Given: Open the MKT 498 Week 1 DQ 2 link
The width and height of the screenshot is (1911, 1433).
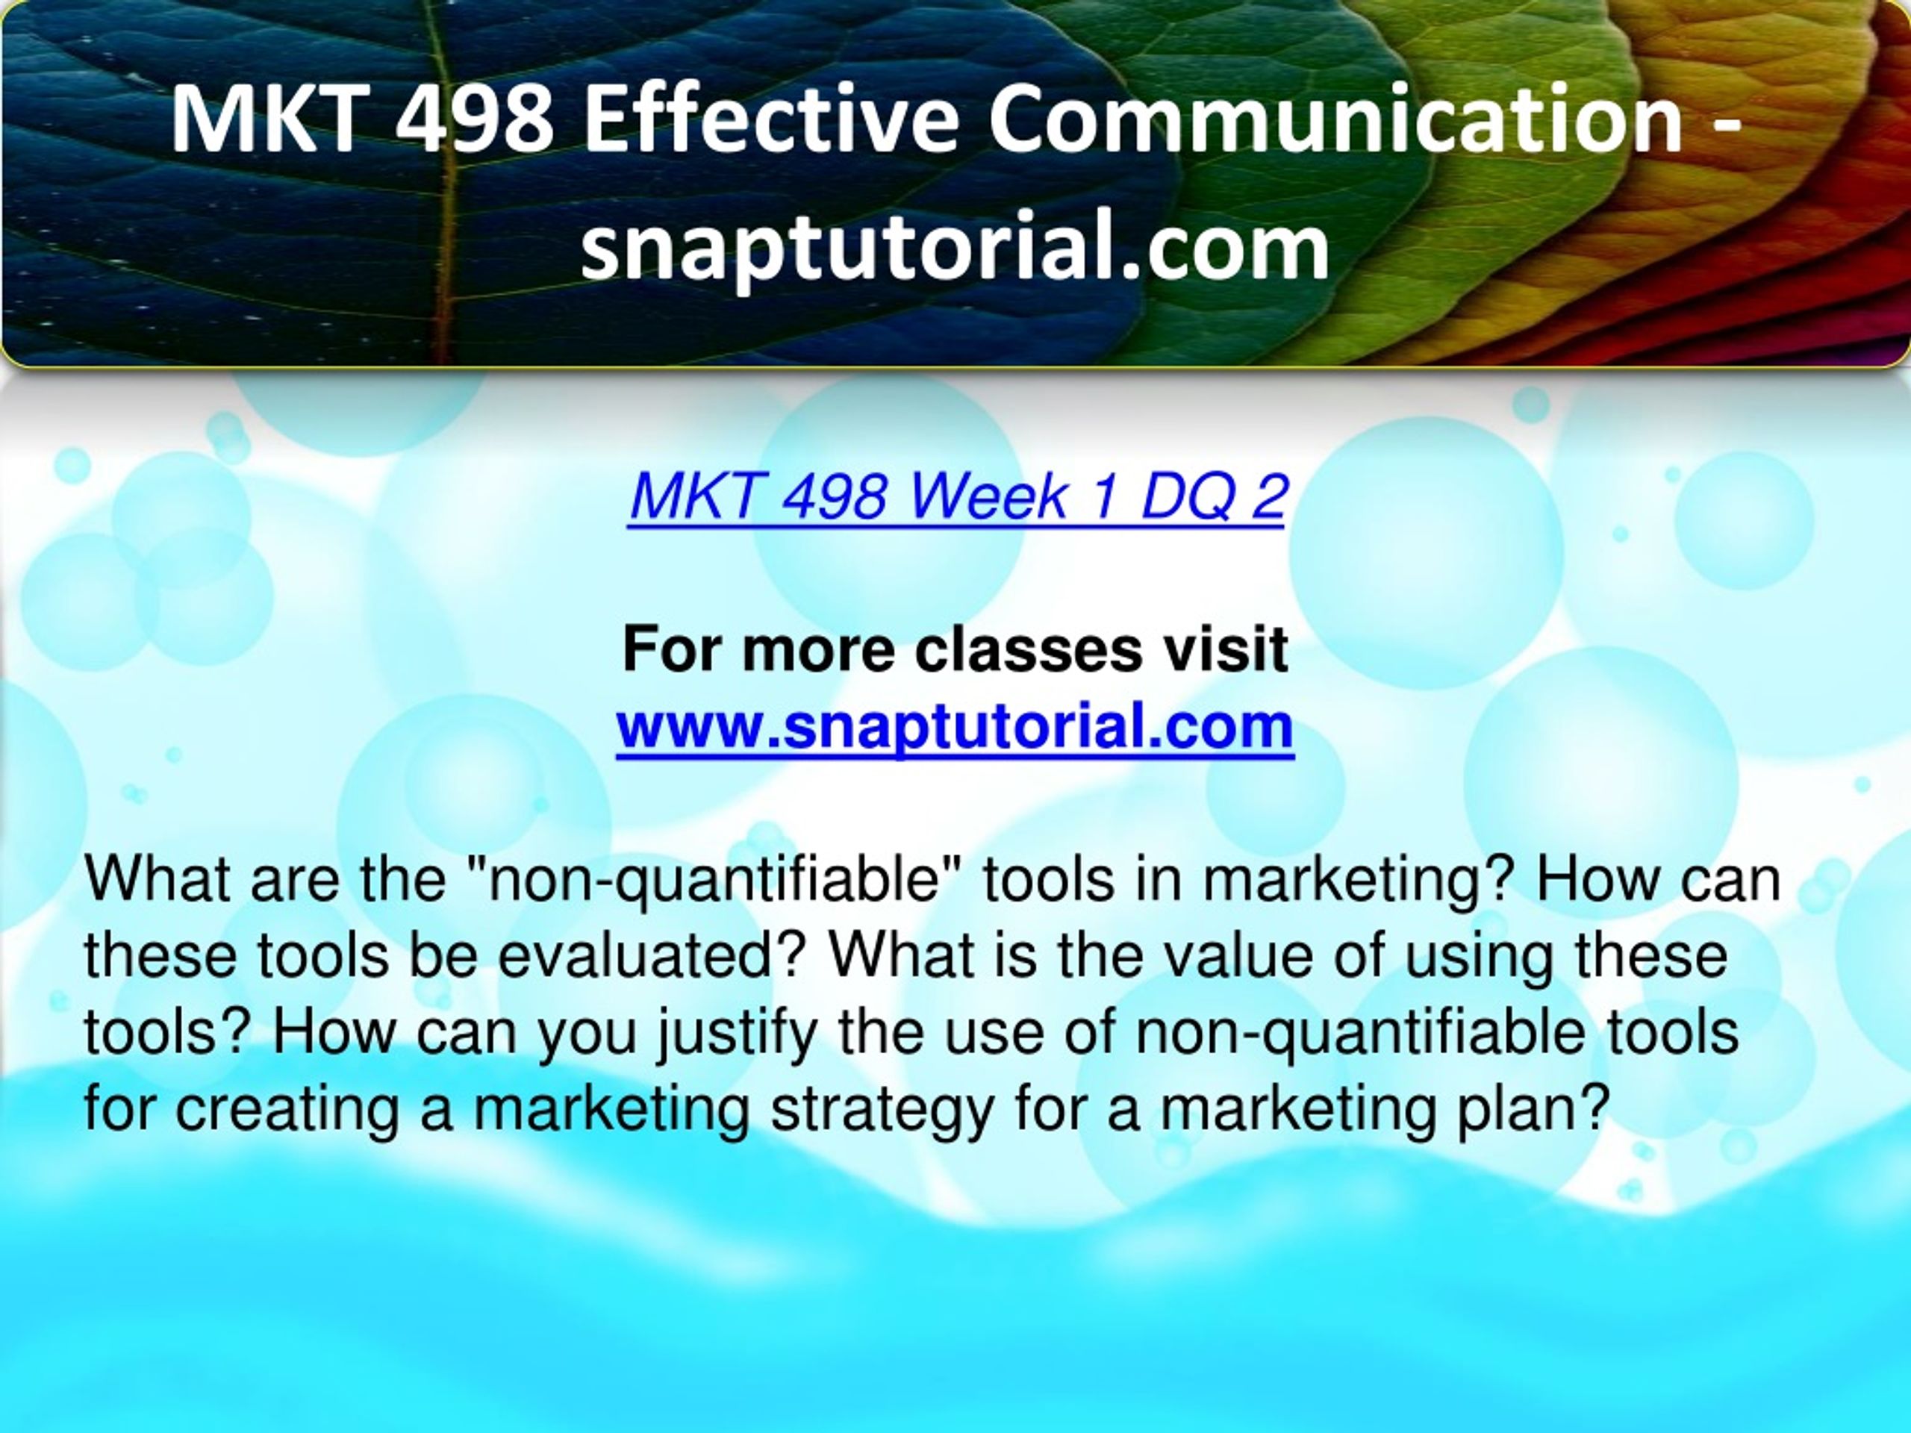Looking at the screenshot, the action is tap(956, 496).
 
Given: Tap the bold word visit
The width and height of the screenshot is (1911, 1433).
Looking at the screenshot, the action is tap(1226, 649).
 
